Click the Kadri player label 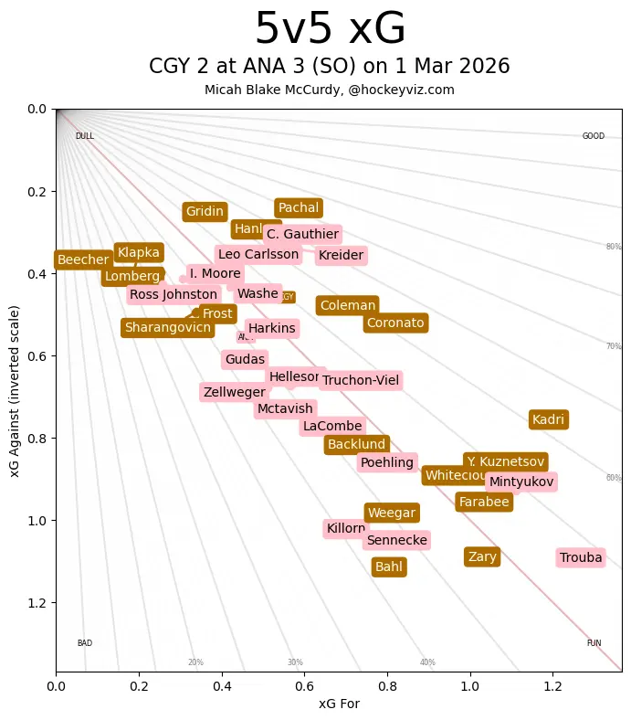pyautogui.click(x=548, y=420)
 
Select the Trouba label pyautogui.click(x=581, y=558)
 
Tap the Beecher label pyautogui.click(x=83, y=260)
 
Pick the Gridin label pyautogui.click(x=205, y=212)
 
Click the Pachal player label pyautogui.click(x=299, y=208)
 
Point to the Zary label pyautogui.click(x=482, y=557)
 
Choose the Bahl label pyautogui.click(x=389, y=567)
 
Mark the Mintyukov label pyautogui.click(x=521, y=482)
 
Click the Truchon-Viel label pyautogui.click(x=361, y=381)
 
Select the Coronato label pyautogui.click(x=395, y=323)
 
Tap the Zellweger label pyautogui.click(x=235, y=393)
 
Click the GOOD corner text pyautogui.click(x=594, y=136)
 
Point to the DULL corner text pyautogui.click(x=85, y=136)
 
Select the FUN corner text pyautogui.click(x=594, y=643)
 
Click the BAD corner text pyautogui.click(x=85, y=643)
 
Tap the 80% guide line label pyautogui.click(x=614, y=247)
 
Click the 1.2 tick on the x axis pyautogui.click(x=552, y=683)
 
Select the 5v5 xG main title pyautogui.click(x=330, y=29)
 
